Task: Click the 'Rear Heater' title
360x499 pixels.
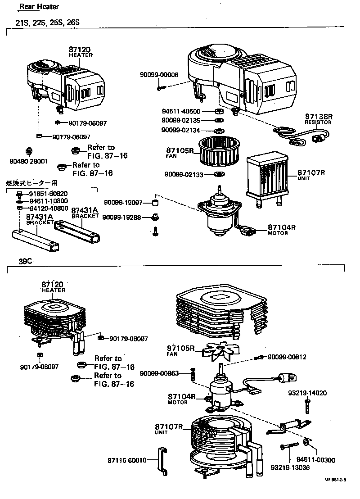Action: point(39,7)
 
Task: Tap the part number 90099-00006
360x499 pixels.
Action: point(159,76)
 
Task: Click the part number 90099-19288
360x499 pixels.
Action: point(121,218)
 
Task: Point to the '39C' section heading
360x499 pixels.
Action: point(26,261)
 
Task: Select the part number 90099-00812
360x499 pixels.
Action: point(287,357)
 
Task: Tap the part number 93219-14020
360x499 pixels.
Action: point(307,393)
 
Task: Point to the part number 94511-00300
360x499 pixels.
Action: point(315,460)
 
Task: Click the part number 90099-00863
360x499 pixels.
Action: point(159,373)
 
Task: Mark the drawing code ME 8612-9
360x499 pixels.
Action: point(335,493)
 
